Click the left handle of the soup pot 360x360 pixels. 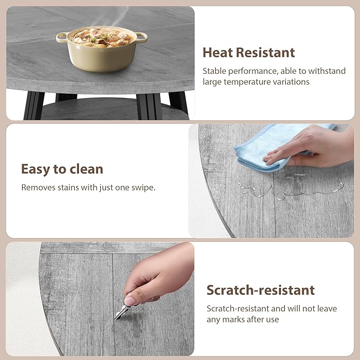point(62,37)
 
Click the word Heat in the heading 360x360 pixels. point(217,52)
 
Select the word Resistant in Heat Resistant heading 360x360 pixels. point(266,52)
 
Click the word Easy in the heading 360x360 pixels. point(36,170)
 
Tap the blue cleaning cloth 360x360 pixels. point(276,147)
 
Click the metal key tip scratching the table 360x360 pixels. point(116,318)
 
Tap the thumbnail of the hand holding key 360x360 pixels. point(130,301)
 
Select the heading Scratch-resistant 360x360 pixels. point(260,290)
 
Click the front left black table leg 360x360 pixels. point(34,106)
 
